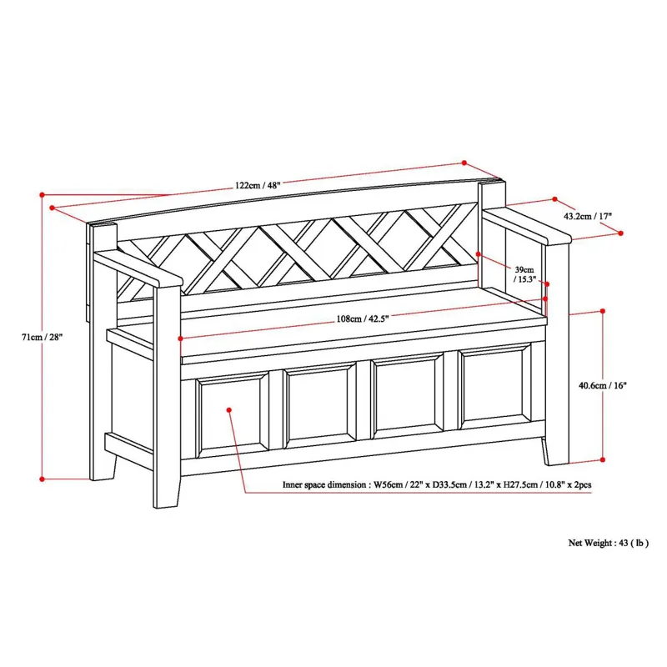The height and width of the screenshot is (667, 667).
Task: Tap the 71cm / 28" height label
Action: (x=43, y=337)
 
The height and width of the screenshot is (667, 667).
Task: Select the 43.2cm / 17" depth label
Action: (x=589, y=216)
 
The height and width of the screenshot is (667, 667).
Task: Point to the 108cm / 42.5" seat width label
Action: (x=364, y=317)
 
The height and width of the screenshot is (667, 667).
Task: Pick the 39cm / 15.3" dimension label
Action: (x=525, y=275)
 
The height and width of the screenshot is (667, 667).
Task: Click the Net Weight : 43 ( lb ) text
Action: (x=609, y=542)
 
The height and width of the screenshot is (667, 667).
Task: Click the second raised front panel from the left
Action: (x=320, y=404)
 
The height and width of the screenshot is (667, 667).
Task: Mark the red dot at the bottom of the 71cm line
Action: (x=42, y=479)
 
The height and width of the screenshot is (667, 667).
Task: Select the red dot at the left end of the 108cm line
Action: (x=182, y=339)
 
